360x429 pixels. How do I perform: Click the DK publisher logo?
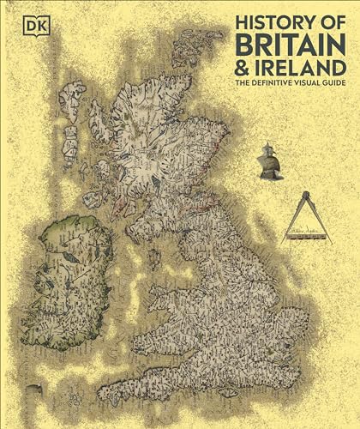tap(16, 14)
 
